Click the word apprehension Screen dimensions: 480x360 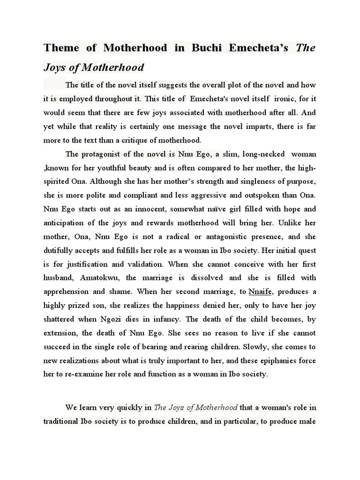click(69, 292)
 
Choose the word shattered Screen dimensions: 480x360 click(62, 319)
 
